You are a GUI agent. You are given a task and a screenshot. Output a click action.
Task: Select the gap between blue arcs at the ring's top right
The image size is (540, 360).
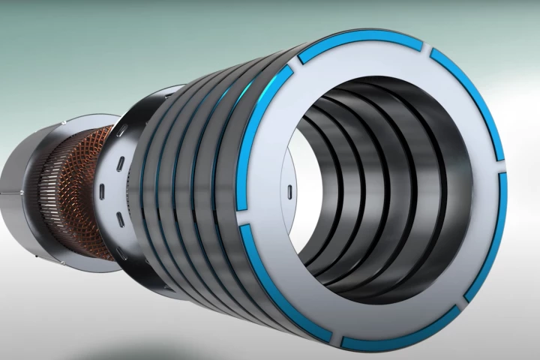429,50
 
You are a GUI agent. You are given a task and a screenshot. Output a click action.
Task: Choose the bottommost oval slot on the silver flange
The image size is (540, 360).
119,219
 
